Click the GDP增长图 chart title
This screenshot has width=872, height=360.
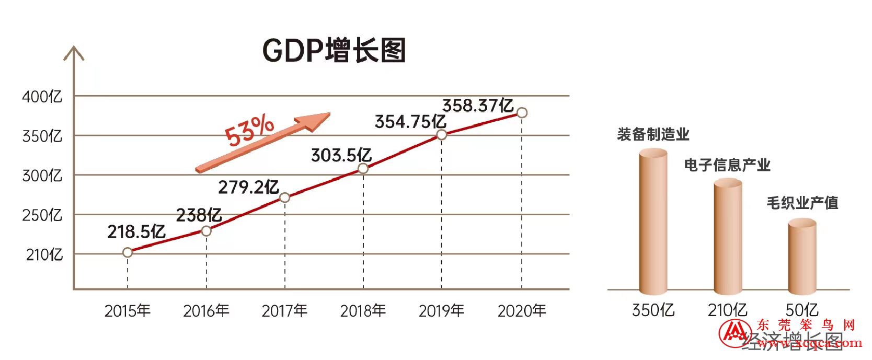point(334,51)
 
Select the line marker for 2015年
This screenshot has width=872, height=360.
point(128,252)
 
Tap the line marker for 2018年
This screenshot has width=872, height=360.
point(363,168)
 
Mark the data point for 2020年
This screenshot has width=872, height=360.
point(521,112)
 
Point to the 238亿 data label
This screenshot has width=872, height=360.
point(199,215)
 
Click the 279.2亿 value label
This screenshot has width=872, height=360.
point(248,187)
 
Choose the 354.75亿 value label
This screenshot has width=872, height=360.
point(410,122)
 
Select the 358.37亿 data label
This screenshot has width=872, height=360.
point(478,106)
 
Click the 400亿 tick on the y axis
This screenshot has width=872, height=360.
point(42,97)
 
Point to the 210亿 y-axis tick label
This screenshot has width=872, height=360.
point(44,254)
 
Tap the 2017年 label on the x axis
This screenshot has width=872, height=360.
point(284,311)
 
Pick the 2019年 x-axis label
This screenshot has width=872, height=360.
point(441,311)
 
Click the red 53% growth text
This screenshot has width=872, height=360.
point(249,130)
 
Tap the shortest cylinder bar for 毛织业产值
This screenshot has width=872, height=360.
point(802,256)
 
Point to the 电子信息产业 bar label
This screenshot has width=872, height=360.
point(727,165)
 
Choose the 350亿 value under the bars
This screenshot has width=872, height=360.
point(653,310)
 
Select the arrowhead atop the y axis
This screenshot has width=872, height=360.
point(74,53)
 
